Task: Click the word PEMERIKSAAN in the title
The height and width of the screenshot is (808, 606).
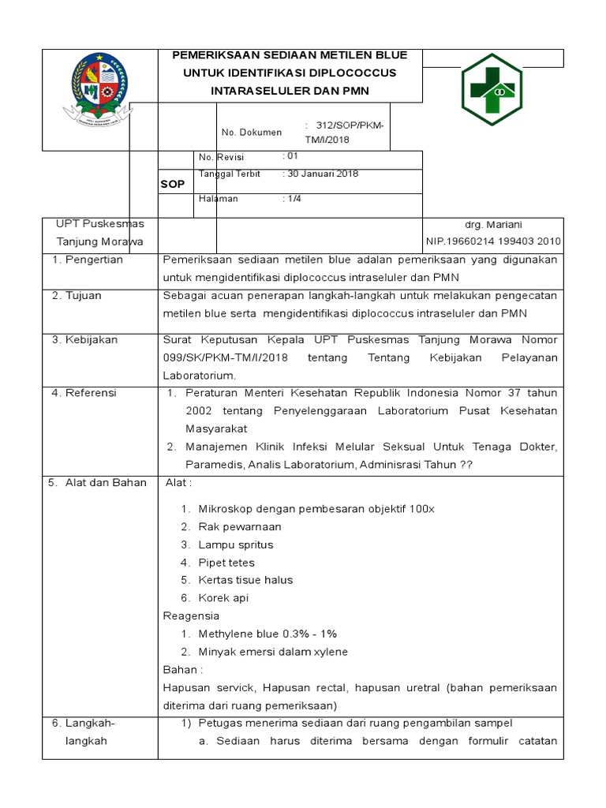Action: pos(219,55)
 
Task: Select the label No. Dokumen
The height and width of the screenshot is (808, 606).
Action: pos(251,133)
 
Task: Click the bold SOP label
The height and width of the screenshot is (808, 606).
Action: pos(173,184)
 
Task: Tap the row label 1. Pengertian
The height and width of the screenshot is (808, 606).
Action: pos(88,260)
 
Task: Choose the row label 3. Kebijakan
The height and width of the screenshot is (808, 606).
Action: pos(84,340)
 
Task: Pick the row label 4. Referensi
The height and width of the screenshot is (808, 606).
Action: pos(84,393)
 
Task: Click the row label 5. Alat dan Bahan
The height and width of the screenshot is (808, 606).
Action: pos(98,483)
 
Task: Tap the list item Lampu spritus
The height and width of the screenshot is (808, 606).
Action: pos(235,545)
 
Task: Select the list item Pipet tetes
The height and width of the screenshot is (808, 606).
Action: pos(226,563)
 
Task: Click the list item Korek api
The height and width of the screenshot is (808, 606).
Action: pos(223,598)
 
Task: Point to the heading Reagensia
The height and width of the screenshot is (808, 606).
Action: pos(191,615)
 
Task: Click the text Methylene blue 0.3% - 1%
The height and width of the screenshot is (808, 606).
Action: pos(267,634)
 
